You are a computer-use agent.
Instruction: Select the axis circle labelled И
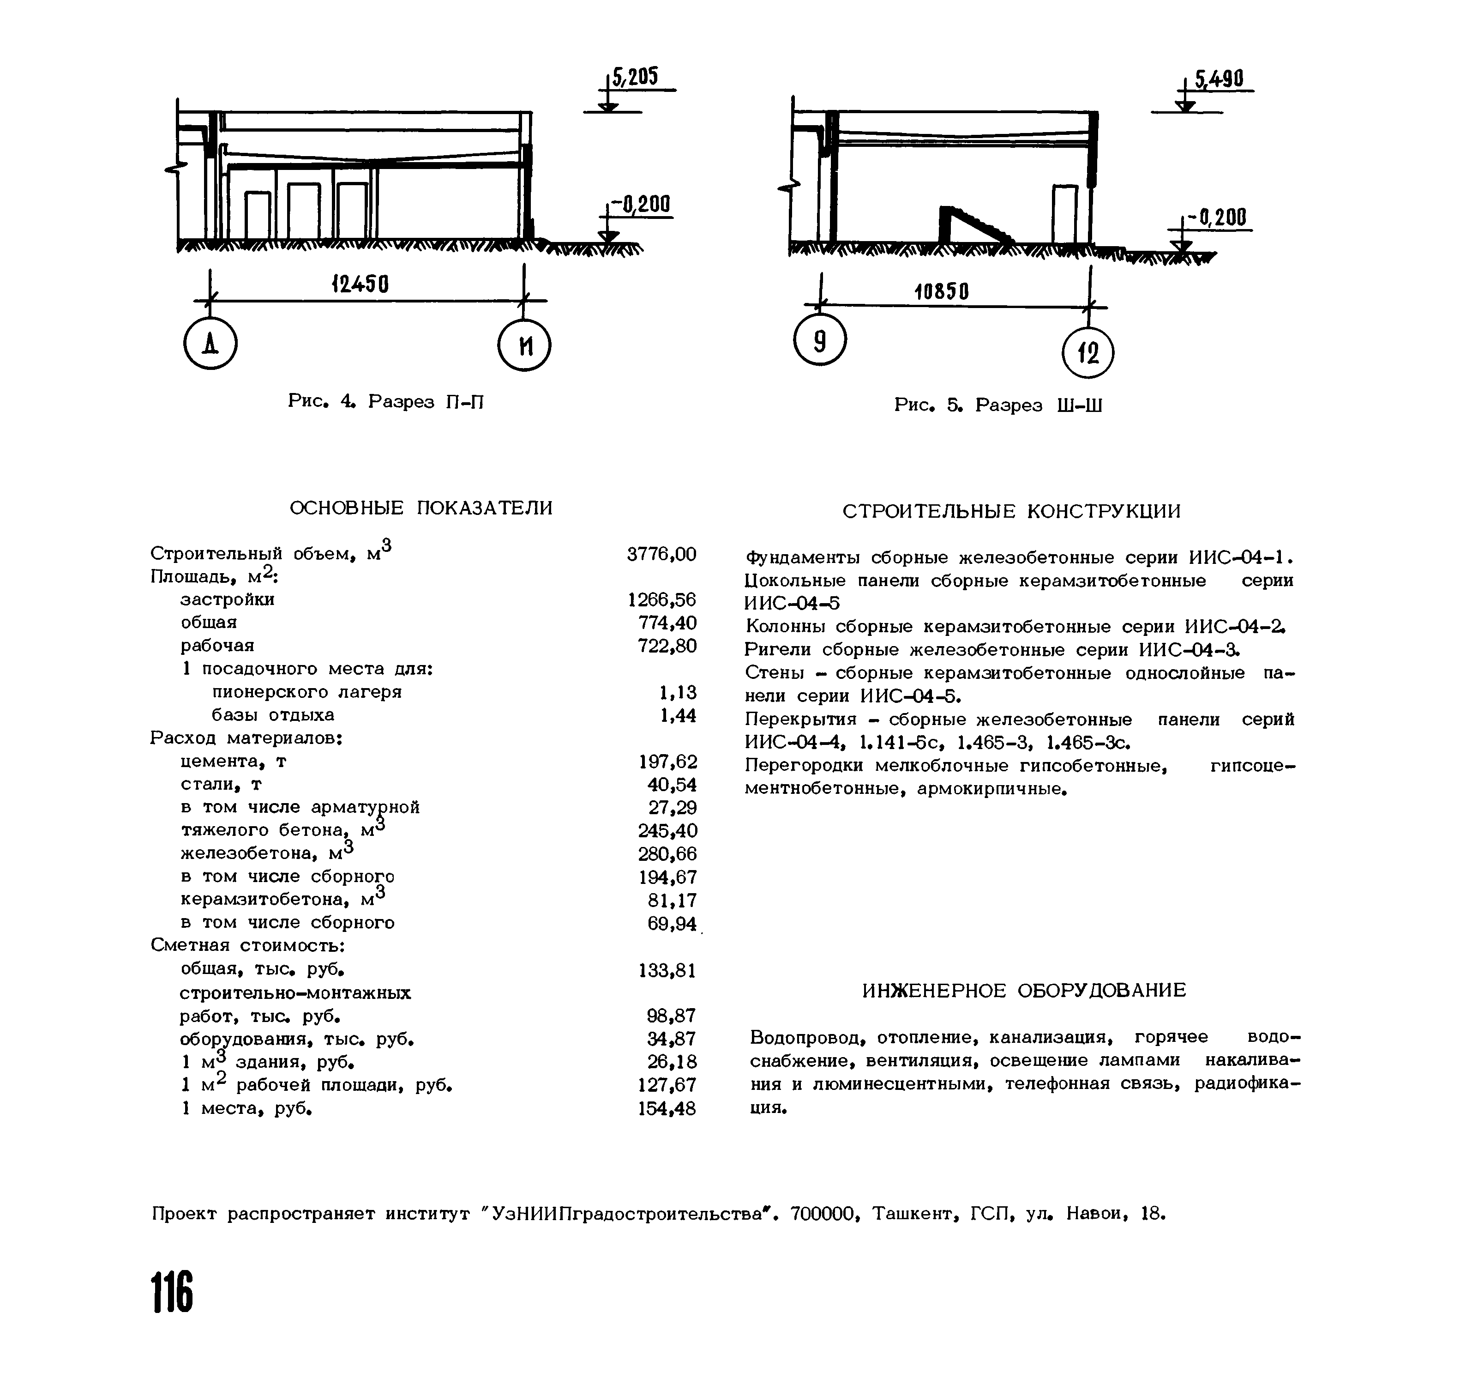[525, 345]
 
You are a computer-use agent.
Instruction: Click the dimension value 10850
[941, 291]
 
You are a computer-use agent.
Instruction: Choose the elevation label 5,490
[1219, 79]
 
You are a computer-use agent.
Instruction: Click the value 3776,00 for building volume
[661, 554]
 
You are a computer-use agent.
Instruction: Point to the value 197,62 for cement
[667, 762]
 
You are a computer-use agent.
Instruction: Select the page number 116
[173, 1291]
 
